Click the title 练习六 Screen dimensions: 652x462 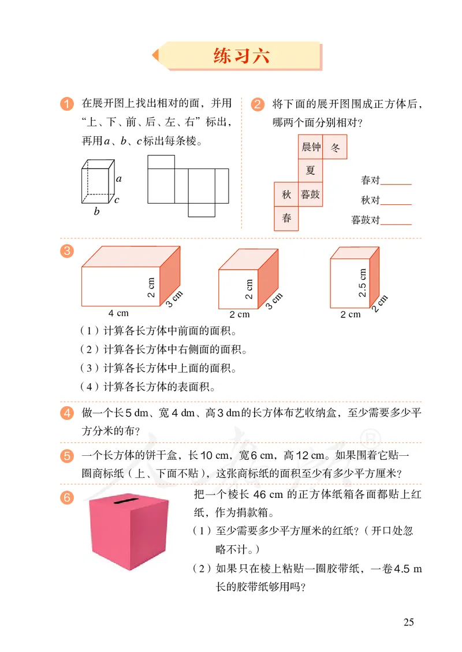(x=241, y=57)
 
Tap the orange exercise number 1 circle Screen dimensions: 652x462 (x=67, y=104)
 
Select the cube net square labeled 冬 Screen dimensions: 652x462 (x=335, y=147)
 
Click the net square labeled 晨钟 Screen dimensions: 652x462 (x=311, y=147)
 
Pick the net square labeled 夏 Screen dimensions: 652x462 (x=311, y=171)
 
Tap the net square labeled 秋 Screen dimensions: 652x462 (x=286, y=195)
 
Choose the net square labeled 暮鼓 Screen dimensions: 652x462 (x=311, y=195)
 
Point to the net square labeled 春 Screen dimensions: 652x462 (x=286, y=219)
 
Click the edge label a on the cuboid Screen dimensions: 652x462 (x=119, y=179)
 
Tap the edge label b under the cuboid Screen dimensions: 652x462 (x=97, y=212)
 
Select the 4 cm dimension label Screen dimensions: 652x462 (x=118, y=313)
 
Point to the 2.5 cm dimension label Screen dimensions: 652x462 (x=363, y=283)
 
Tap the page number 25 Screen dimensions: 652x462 (x=409, y=622)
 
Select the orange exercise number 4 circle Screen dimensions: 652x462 (x=67, y=413)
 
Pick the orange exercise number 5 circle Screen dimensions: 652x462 (x=67, y=456)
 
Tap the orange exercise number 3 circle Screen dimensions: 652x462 (x=67, y=251)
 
